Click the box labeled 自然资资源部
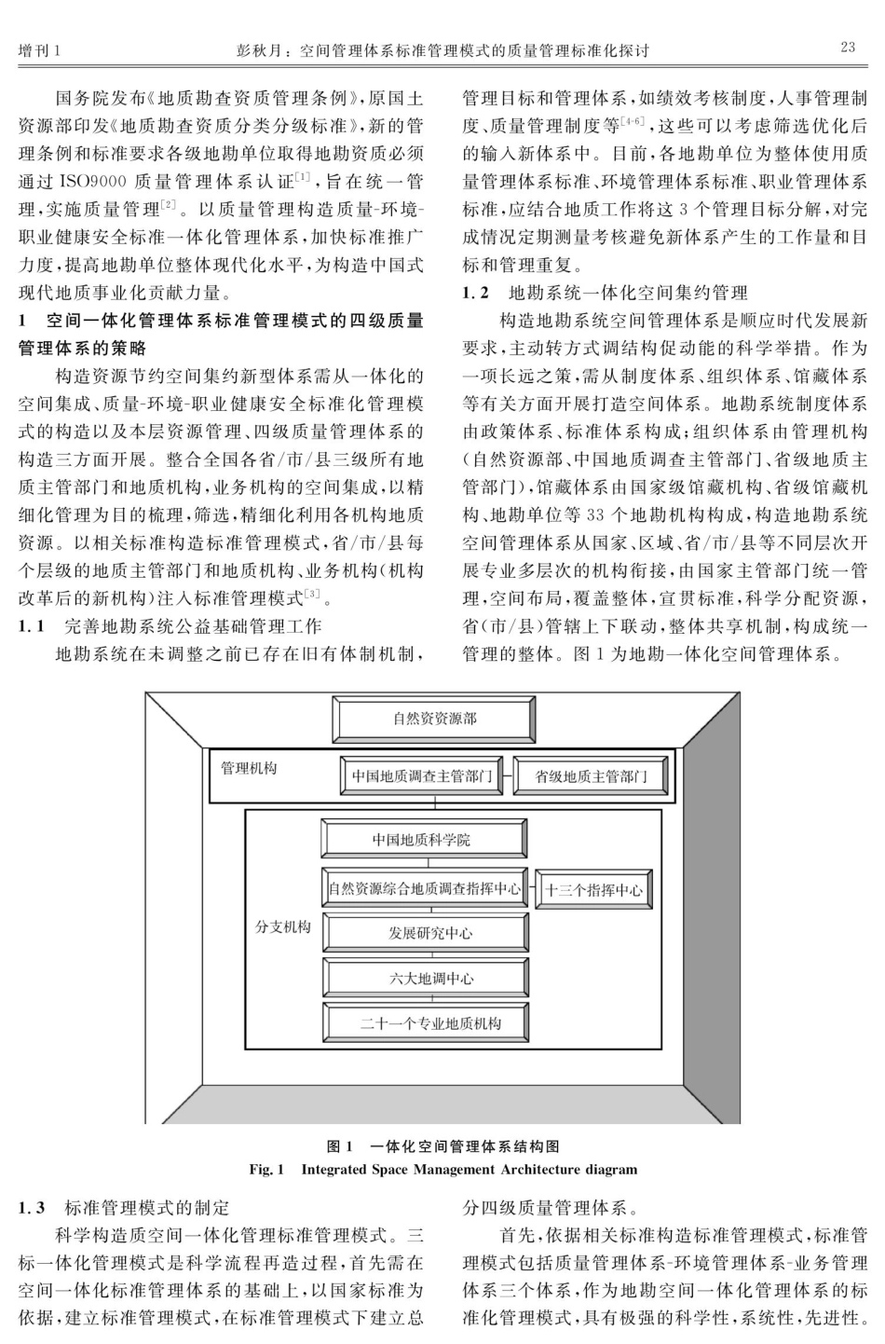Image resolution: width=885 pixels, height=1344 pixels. coord(434,720)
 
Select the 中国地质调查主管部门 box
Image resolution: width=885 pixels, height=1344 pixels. coord(422,776)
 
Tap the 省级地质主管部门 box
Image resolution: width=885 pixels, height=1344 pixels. coord(591,776)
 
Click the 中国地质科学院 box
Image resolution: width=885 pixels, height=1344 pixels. coord(422,839)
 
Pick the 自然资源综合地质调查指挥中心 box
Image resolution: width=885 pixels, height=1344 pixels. coord(425,888)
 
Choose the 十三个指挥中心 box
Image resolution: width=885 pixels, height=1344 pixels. coord(593,889)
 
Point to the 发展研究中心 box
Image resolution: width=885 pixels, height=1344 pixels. coord(425,933)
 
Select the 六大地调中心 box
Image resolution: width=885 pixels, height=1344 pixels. coord(425,978)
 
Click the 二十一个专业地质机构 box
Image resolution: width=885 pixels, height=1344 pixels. coord(425,1022)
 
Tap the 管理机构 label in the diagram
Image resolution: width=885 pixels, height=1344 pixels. coord(249,769)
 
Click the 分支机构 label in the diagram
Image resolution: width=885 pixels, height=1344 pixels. coord(283,927)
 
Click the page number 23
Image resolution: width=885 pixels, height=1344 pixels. coord(847,48)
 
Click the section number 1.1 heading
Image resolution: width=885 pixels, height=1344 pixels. coord(33,626)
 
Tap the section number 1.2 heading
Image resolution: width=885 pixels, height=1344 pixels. coord(476,294)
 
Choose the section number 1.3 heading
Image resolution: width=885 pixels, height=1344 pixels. coord(33,1208)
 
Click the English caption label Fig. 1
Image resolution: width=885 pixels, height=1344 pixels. coord(267,1169)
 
